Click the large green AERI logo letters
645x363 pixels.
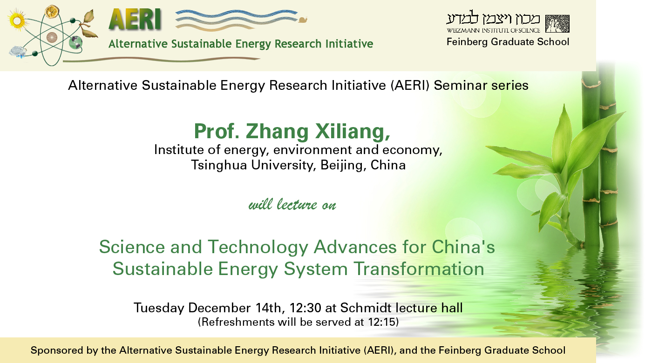[135, 19]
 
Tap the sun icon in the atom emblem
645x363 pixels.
[17, 20]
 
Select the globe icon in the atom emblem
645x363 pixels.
[75, 43]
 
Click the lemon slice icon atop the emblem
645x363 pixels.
[52, 12]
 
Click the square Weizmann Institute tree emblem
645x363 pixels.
[557, 24]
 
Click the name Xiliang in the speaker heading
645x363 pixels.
[353, 131]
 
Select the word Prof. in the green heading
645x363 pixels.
[217, 131]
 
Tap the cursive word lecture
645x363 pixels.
[297, 204]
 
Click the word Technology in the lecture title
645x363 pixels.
[258, 248]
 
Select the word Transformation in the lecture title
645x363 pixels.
[419, 269]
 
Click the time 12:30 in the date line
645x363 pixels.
[305, 308]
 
